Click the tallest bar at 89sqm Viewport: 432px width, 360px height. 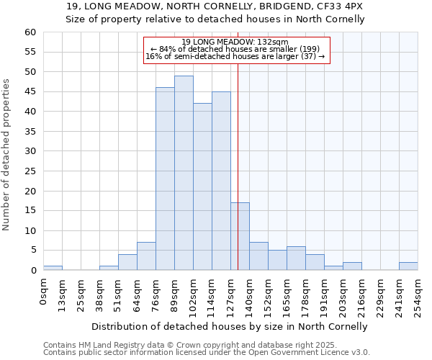point(184,173)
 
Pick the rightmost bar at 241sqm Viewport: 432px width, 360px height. point(408,266)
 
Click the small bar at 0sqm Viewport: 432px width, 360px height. point(53,268)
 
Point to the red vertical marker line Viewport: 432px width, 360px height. point(238,166)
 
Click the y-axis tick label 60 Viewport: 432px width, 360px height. point(30,32)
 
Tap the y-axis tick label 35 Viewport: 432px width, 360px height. point(30,132)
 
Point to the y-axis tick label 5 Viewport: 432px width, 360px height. point(32,251)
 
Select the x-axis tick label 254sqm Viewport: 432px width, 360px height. point(418,294)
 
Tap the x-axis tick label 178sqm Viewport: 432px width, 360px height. point(306,294)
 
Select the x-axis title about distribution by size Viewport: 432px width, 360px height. point(230,326)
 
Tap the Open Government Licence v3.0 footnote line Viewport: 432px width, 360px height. point(207,352)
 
